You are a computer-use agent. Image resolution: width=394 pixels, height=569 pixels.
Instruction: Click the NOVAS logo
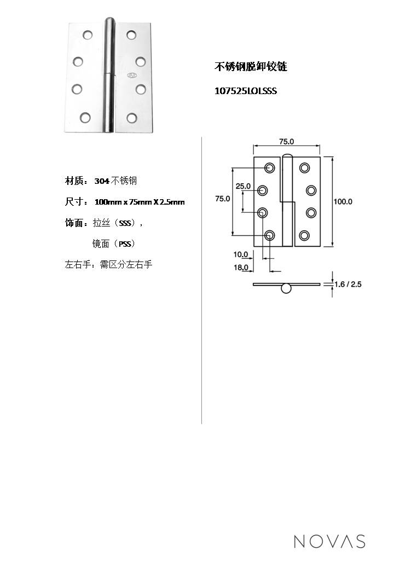(x=329, y=541)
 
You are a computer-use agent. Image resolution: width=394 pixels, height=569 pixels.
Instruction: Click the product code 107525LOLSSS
(x=246, y=91)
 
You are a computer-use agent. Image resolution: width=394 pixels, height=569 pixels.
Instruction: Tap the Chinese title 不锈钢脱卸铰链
(x=251, y=67)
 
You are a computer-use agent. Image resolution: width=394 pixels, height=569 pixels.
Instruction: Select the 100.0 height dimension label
(x=343, y=201)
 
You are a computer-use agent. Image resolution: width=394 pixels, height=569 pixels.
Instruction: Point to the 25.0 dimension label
(x=243, y=186)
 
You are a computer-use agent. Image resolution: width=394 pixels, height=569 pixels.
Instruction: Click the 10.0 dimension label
(x=241, y=254)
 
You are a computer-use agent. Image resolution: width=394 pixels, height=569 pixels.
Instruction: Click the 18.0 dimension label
(x=241, y=267)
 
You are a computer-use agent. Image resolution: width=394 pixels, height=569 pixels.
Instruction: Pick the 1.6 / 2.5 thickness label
(x=348, y=284)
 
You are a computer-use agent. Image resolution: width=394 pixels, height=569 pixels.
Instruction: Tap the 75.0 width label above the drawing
(x=286, y=141)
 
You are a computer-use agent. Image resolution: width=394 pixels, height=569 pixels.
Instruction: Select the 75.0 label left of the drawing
(x=222, y=199)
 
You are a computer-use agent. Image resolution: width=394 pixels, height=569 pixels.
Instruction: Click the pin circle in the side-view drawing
(x=286, y=288)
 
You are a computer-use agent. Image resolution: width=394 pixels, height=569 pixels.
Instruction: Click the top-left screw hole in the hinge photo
(x=88, y=36)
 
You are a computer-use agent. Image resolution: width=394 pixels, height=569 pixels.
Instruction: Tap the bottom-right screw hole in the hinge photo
(x=132, y=118)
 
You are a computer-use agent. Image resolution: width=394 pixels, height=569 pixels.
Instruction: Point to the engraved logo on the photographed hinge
(x=132, y=76)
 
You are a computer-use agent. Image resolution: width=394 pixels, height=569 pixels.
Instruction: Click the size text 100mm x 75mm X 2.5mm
(x=140, y=202)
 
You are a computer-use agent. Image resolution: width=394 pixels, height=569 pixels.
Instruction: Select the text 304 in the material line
(x=102, y=181)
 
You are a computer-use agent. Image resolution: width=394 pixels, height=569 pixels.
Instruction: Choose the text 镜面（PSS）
(x=114, y=243)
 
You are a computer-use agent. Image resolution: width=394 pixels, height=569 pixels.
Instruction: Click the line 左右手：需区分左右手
(x=108, y=264)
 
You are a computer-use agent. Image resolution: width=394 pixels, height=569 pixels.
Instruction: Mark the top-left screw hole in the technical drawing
(x=270, y=167)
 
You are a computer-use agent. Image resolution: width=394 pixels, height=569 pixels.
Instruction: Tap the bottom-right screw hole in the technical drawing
(x=304, y=236)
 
